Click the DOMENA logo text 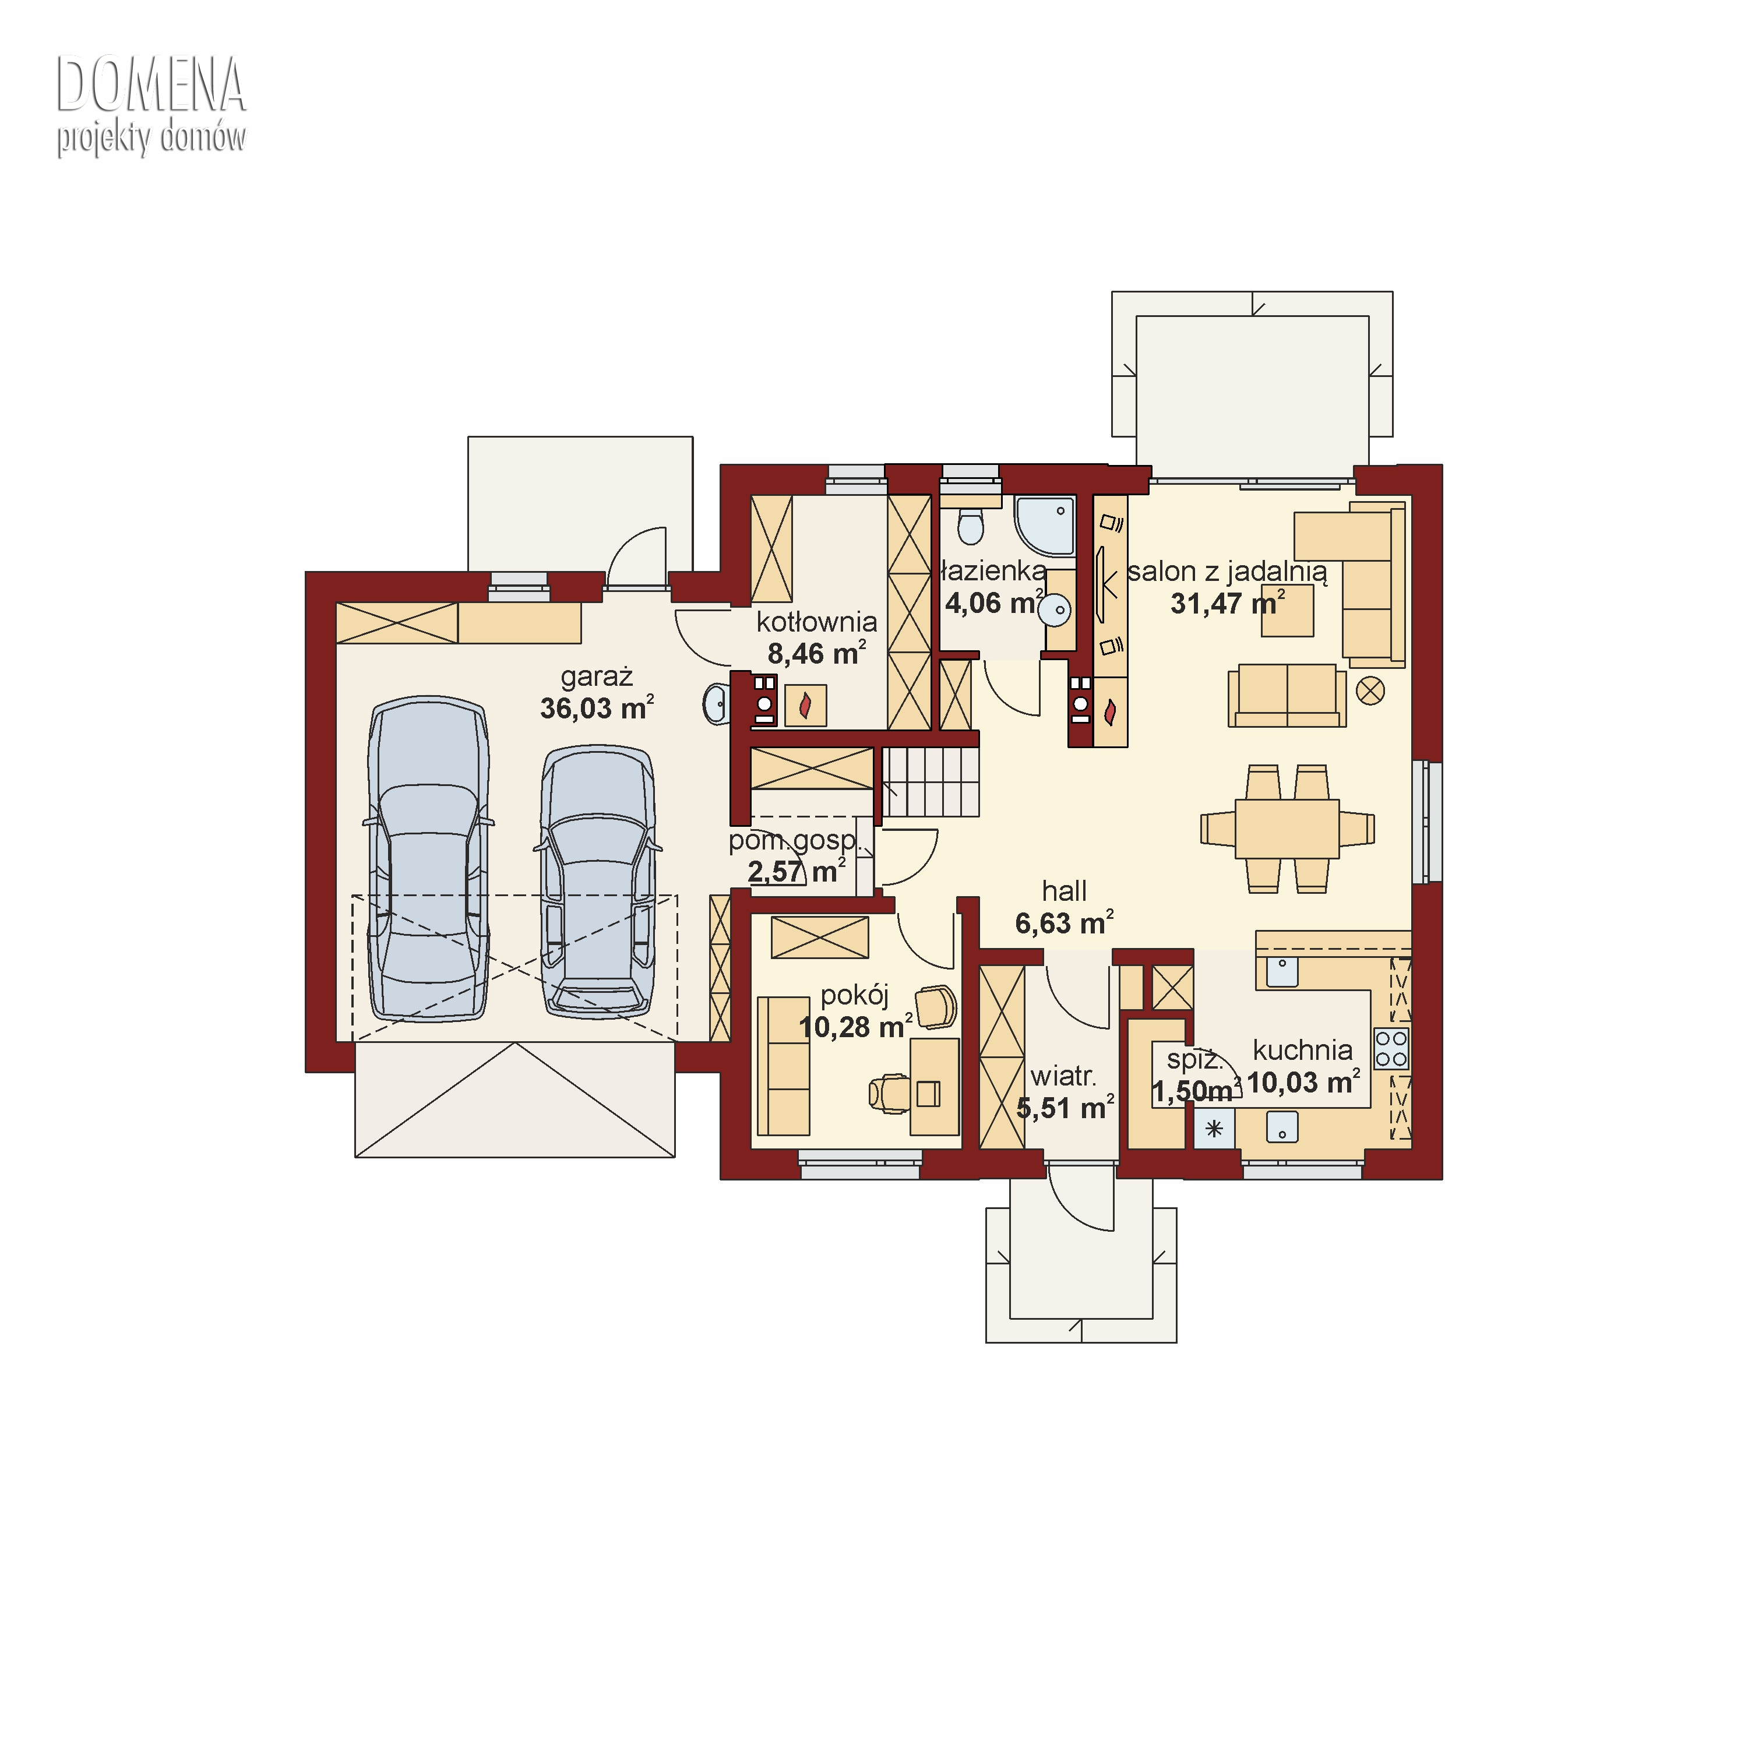(151, 84)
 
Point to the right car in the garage (598, 882)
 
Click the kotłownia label (816, 622)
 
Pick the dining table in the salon (1288, 828)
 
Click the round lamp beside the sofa (1370, 691)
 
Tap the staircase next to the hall (931, 782)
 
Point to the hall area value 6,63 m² (1064, 923)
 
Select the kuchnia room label (1303, 1051)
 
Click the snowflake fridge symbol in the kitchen (1214, 1129)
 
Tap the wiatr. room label (1063, 1077)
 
